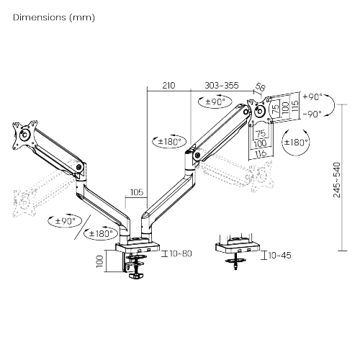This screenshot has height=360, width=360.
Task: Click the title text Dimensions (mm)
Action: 53,16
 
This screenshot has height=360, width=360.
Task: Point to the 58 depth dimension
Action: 261,88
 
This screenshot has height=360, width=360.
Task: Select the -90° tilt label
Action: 313,114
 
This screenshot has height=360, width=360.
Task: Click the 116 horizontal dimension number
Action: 261,154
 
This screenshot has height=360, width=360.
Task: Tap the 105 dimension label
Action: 136,193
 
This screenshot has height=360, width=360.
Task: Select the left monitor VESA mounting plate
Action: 22,134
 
